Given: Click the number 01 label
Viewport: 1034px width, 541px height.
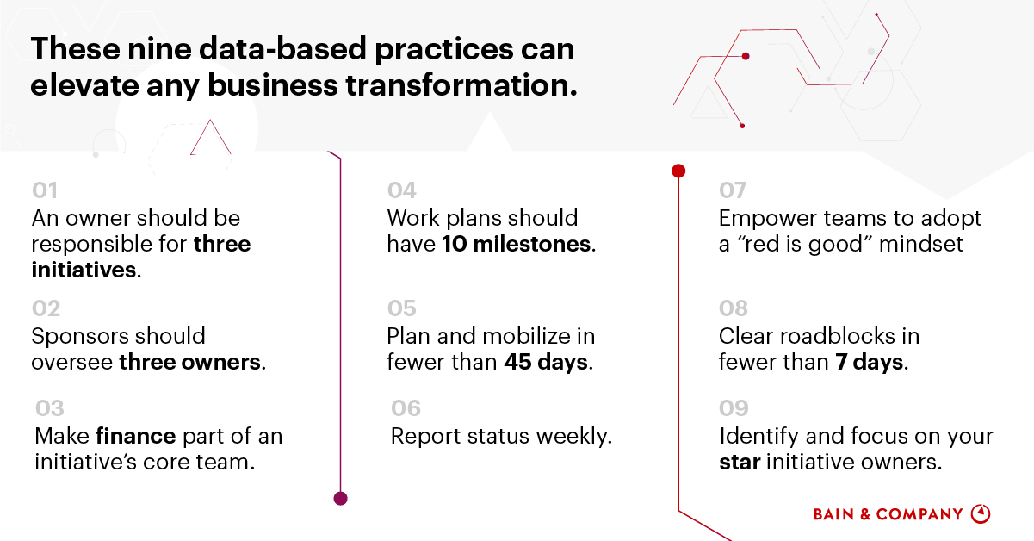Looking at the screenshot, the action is click(x=45, y=190).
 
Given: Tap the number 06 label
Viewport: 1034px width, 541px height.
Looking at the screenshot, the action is click(x=406, y=408).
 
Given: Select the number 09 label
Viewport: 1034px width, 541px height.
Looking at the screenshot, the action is click(x=734, y=408).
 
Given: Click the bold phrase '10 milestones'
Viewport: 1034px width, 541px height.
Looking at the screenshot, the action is click(x=516, y=244).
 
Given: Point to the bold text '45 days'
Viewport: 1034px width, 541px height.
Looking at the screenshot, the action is click(x=546, y=362).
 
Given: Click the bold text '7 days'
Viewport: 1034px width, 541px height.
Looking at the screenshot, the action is click(x=870, y=362).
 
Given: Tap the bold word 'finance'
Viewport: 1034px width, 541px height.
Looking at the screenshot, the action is click(x=136, y=436).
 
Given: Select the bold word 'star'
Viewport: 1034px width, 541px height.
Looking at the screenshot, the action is click(x=740, y=462).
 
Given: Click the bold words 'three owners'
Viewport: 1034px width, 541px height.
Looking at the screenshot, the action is click(x=189, y=362).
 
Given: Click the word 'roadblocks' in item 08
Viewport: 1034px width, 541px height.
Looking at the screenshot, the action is click(x=838, y=336).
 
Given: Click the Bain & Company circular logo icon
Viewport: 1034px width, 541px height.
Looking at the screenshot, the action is click(x=981, y=513).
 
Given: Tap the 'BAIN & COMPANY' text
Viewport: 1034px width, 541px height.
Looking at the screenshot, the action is click(x=888, y=514).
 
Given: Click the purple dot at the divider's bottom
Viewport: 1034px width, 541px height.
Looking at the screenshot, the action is click(x=340, y=499).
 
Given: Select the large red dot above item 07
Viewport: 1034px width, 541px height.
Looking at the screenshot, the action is click(x=678, y=171).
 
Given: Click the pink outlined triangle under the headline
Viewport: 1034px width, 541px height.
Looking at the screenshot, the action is click(x=210, y=138).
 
